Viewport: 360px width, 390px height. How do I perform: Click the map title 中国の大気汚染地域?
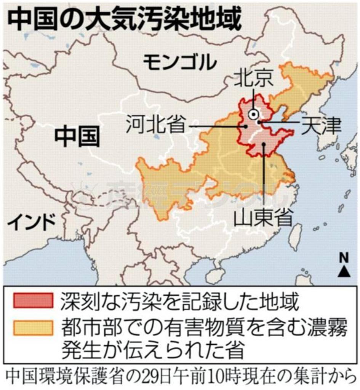click(x=124, y=20)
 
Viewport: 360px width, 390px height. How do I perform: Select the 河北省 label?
click(x=156, y=124)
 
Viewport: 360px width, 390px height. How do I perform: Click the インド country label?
click(x=32, y=222)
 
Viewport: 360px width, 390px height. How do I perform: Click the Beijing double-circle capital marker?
click(x=253, y=113)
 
